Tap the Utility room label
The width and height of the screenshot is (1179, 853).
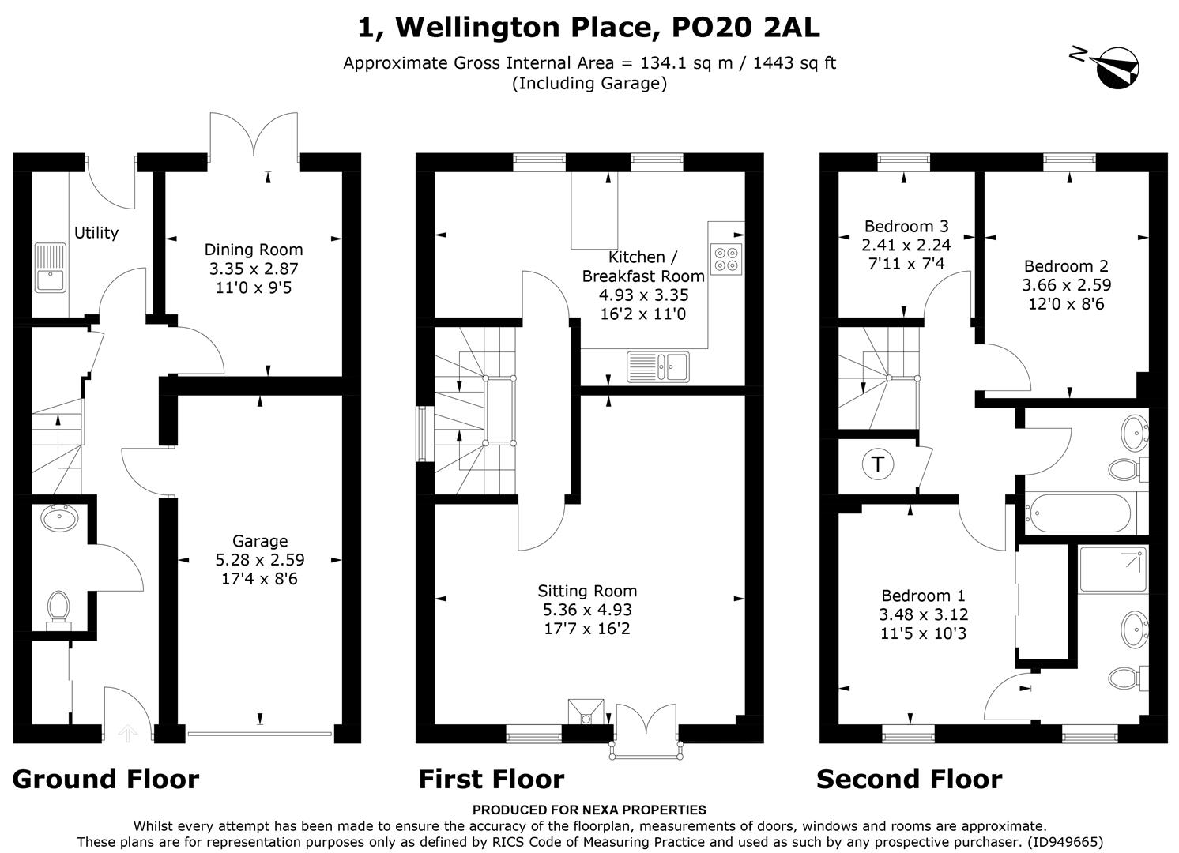pyautogui.click(x=96, y=232)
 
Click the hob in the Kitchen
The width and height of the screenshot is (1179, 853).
pyautogui.click(x=726, y=258)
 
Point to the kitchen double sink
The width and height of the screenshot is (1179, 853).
pyautogui.click(x=657, y=366)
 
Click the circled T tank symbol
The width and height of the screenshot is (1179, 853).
pyautogui.click(x=877, y=464)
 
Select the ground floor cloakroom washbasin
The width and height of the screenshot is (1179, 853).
pyautogui.click(x=59, y=519)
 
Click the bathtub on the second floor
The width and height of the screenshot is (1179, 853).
pyautogui.click(x=1079, y=514)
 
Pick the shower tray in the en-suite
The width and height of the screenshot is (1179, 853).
pyautogui.click(x=1113, y=569)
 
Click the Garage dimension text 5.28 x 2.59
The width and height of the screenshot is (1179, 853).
pyautogui.click(x=260, y=560)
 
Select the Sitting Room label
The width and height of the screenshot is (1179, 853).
pyautogui.click(x=587, y=591)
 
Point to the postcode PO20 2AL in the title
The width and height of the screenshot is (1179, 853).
pyautogui.click(x=745, y=28)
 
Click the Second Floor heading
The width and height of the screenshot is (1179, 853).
pyautogui.click(x=909, y=780)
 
